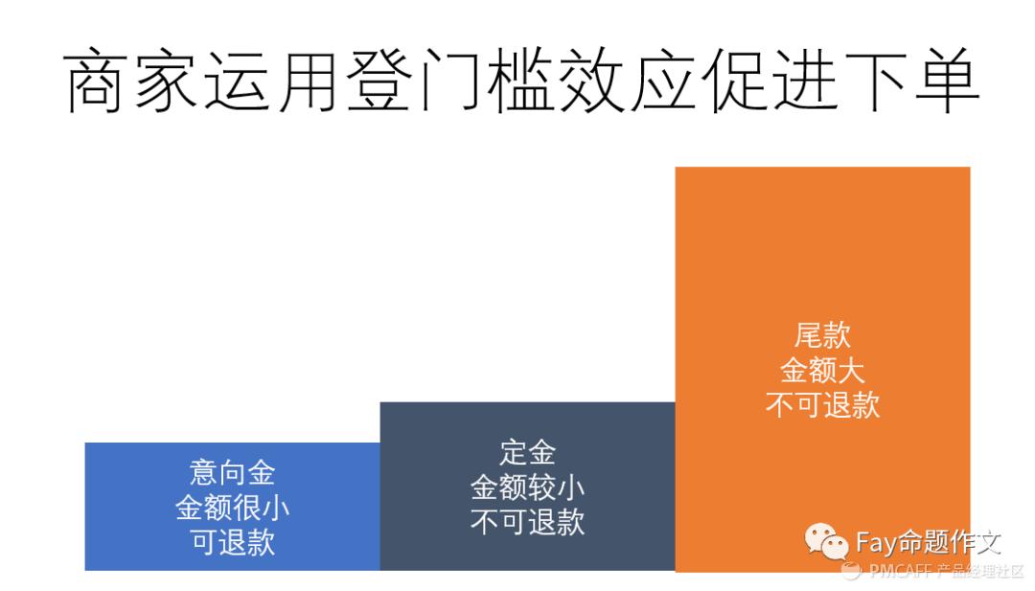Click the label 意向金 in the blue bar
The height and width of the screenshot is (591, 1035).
click(233, 472)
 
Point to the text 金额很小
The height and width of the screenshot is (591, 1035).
click(233, 508)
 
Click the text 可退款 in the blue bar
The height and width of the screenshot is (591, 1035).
click(233, 542)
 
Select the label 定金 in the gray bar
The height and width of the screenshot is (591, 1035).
click(527, 452)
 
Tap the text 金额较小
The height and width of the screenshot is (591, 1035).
click(527, 488)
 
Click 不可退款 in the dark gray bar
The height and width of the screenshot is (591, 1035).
click(527, 522)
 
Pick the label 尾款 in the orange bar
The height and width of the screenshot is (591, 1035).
click(822, 335)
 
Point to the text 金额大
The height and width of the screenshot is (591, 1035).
click(822, 370)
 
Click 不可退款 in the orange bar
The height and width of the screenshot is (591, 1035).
click(822, 404)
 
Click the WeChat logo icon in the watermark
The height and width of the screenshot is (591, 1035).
click(825, 543)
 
